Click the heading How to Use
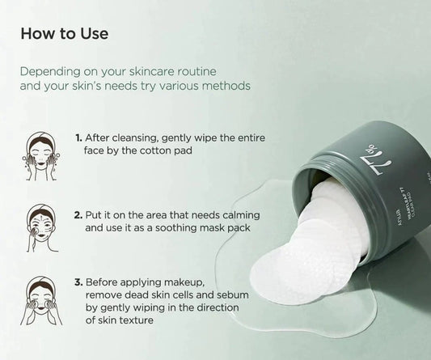coord(64,35)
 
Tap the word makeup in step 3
coord(212,282)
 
